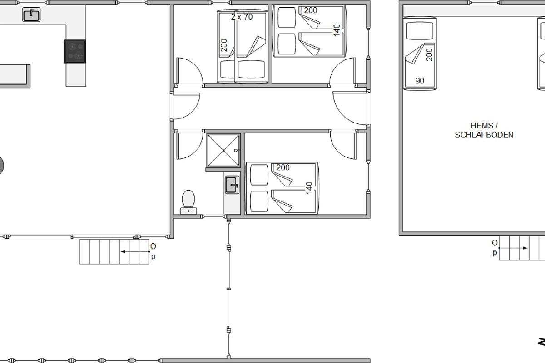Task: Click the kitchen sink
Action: pyautogui.click(x=31, y=15)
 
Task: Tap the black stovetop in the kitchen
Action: pyautogui.click(x=75, y=51)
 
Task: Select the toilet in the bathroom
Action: pyautogui.click(x=188, y=202)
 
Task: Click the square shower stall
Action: pyautogui.click(x=223, y=151)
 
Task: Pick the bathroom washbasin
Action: pyautogui.click(x=232, y=185)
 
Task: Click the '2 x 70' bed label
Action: pyautogui.click(x=242, y=17)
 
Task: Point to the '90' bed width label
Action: pyautogui.click(x=420, y=80)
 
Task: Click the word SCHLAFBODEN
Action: pyautogui.click(x=484, y=135)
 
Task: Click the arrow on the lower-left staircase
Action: pyautogui.click(x=135, y=252)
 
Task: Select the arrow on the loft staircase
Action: pyautogui.click(x=513, y=248)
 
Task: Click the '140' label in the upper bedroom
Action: pyautogui.click(x=337, y=30)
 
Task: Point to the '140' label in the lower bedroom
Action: pyautogui.click(x=309, y=188)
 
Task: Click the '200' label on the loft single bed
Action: pyautogui.click(x=430, y=54)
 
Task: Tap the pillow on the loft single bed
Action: pyautogui.click(x=420, y=31)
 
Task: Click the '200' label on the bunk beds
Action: pyautogui.click(x=224, y=45)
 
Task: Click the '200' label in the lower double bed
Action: pyautogui.click(x=283, y=167)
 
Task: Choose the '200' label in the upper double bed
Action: pyautogui.click(x=311, y=10)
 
